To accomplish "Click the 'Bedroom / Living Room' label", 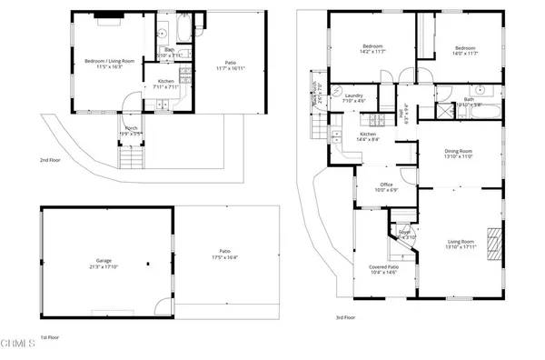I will coord(110,61).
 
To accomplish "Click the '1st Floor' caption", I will coord(50,336).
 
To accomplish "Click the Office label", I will coord(386,185).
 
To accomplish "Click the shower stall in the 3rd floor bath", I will coord(444,111).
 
